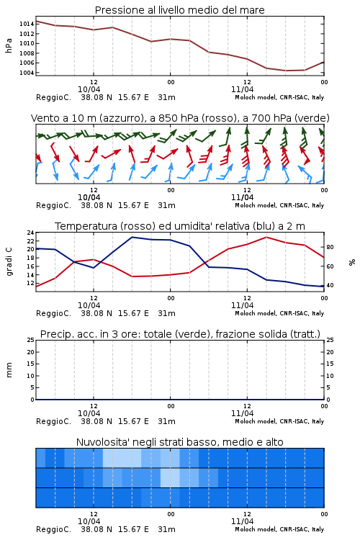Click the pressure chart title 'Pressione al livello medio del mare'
click(179, 10)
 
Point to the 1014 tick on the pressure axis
click(27, 24)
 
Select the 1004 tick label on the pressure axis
click(27, 73)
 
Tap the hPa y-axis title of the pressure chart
click(9, 45)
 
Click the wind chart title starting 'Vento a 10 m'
click(180, 119)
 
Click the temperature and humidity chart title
click(180, 226)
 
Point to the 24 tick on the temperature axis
click(30, 233)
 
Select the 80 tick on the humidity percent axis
click(330, 247)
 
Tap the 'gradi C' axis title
click(9, 261)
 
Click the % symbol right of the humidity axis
click(352, 262)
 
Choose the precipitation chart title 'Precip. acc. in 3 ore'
click(180, 334)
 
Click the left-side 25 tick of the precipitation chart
click(30, 340)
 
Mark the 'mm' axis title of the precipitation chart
click(9, 370)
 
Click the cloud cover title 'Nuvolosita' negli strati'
click(179, 442)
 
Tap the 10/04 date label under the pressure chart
click(89, 89)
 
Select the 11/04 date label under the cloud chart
click(242, 521)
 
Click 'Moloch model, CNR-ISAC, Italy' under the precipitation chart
click(279, 421)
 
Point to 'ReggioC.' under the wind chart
click(53, 206)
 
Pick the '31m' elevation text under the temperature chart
click(166, 313)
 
